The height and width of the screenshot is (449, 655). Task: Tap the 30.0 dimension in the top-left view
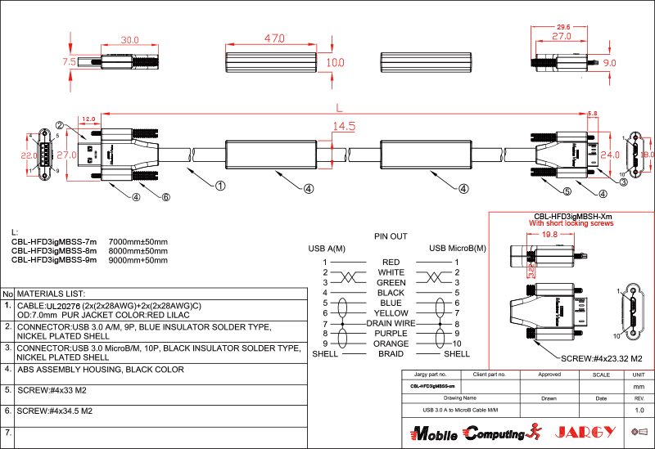click(129, 40)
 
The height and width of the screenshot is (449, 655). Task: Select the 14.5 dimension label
click(344, 126)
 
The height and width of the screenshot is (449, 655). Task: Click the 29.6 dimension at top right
click(562, 27)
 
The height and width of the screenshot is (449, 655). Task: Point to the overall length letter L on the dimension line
click(338, 107)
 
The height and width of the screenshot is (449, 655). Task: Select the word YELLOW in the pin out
click(391, 312)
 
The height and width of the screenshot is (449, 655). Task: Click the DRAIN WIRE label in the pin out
click(391, 323)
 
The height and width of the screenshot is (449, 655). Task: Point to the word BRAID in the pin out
click(391, 353)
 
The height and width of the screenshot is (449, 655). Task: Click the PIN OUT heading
click(391, 236)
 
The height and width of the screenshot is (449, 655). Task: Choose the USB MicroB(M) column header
click(457, 248)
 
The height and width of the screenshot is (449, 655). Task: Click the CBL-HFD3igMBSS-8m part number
click(54, 251)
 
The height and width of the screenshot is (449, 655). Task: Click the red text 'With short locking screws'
click(571, 222)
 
